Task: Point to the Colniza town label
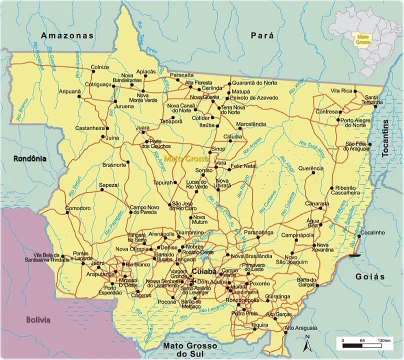[x=99, y=66]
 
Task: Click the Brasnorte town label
[x=115, y=163]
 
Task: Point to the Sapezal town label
[x=108, y=184]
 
